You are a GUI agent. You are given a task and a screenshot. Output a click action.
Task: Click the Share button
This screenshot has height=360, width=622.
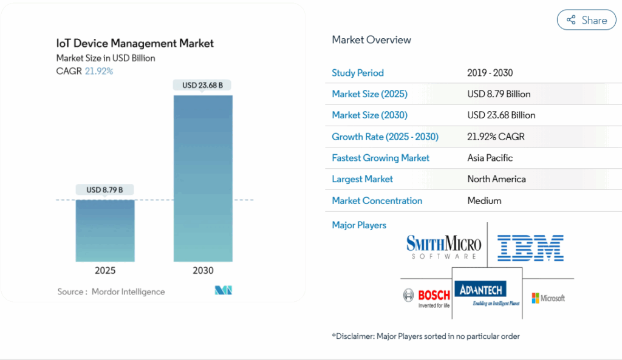(x=587, y=20)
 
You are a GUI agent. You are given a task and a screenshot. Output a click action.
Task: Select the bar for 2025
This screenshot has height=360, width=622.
(x=105, y=230)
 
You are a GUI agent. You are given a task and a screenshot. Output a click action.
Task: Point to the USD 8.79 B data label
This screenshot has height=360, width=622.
(x=104, y=190)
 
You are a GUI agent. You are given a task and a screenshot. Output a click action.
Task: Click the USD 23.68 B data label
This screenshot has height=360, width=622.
(x=202, y=86)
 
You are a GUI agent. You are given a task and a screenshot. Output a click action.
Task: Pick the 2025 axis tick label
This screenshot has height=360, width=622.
(x=105, y=271)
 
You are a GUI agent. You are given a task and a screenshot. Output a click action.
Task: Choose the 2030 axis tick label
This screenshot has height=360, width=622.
(x=203, y=271)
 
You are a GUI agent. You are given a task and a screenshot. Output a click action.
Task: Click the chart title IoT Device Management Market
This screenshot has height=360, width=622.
(x=135, y=44)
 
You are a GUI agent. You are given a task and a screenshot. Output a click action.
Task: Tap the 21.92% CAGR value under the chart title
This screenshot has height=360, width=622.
(x=98, y=71)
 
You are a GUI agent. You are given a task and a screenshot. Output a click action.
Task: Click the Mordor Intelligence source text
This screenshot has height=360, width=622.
(x=128, y=292)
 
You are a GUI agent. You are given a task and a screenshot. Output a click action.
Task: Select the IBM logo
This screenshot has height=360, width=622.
(x=530, y=248)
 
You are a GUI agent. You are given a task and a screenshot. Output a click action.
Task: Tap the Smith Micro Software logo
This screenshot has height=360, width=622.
(x=443, y=248)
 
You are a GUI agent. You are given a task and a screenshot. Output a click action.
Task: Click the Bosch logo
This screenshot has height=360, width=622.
(x=426, y=297)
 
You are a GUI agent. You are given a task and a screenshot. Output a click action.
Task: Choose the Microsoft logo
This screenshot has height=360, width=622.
(x=549, y=298)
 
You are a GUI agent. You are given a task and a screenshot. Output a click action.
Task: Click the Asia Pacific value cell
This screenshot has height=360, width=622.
(x=490, y=158)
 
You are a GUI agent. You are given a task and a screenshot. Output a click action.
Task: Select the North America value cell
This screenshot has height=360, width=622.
(x=496, y=179)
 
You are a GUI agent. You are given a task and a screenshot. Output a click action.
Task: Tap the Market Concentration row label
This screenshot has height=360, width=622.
(x=377, y=200)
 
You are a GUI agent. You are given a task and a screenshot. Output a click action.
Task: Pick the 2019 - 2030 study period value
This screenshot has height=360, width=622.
(x=490, y=73)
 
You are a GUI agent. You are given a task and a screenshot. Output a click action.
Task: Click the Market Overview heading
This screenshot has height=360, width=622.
(x=371, y=40)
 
